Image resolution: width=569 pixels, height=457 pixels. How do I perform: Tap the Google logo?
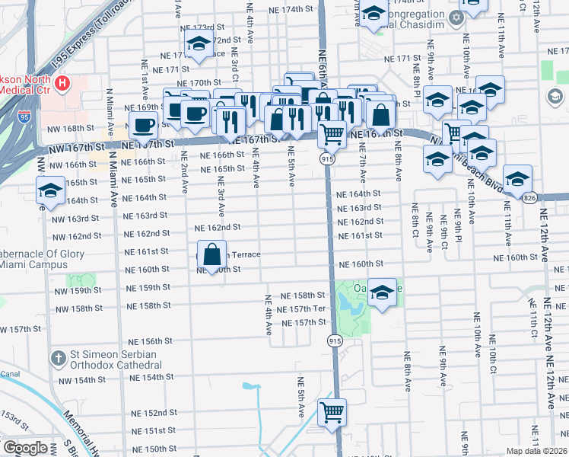tap(26, 448)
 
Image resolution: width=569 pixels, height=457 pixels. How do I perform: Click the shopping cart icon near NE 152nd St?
tap(332, 412)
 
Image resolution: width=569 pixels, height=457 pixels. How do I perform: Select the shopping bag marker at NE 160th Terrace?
tap(212, 254)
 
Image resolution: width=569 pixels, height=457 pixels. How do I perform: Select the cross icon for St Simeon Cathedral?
tap(59, 357)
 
